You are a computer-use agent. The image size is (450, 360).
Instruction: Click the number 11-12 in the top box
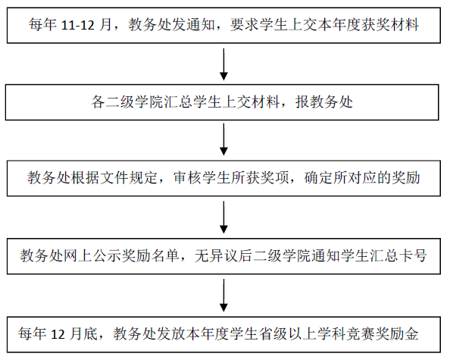pyautogui.click(x=78, y=25)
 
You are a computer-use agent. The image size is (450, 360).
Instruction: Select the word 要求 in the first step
pyautogui.click(x=244, y=25)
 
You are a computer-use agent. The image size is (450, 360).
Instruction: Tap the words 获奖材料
pyautogui.click(x=390, y=25)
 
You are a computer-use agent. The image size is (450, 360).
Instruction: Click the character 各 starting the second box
pyautogui.click(x=98, y=102)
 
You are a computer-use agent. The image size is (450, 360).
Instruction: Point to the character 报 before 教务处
pyautogui.click(x=302, y=102)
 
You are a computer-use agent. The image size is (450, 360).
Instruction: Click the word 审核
pyautogui.click(x=187, y=177)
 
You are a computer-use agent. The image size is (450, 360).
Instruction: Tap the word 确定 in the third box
pyautogui.click(x=318, y=177)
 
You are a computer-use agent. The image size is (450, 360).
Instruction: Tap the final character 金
pyautogui.click(x=412, y=333)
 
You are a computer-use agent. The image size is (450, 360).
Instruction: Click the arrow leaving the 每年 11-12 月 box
pyautogui.click(x=223, y=64)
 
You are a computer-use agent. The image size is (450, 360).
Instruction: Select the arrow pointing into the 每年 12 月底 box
pyautogui.click(x=223, y=296)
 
